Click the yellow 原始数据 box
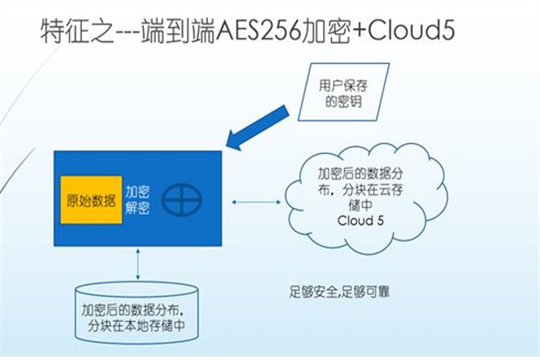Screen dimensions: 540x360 91,200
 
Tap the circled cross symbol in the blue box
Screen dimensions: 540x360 182,200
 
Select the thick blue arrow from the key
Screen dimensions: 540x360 257,128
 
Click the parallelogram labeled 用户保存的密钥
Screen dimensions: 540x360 344,92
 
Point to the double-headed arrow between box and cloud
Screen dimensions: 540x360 256,202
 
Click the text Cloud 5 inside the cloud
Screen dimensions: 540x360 361,220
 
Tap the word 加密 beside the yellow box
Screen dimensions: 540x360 137,193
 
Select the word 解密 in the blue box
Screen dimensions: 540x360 137,208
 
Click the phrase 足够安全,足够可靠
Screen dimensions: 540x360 339,292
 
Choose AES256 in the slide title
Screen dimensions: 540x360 258,31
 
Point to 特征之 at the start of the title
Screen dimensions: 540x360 77,31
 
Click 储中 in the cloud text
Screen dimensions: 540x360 360,205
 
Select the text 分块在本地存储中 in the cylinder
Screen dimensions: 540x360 137,326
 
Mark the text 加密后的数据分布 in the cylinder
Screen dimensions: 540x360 130,310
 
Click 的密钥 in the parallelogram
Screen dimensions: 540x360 344,102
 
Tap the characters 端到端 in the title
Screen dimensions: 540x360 178,31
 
